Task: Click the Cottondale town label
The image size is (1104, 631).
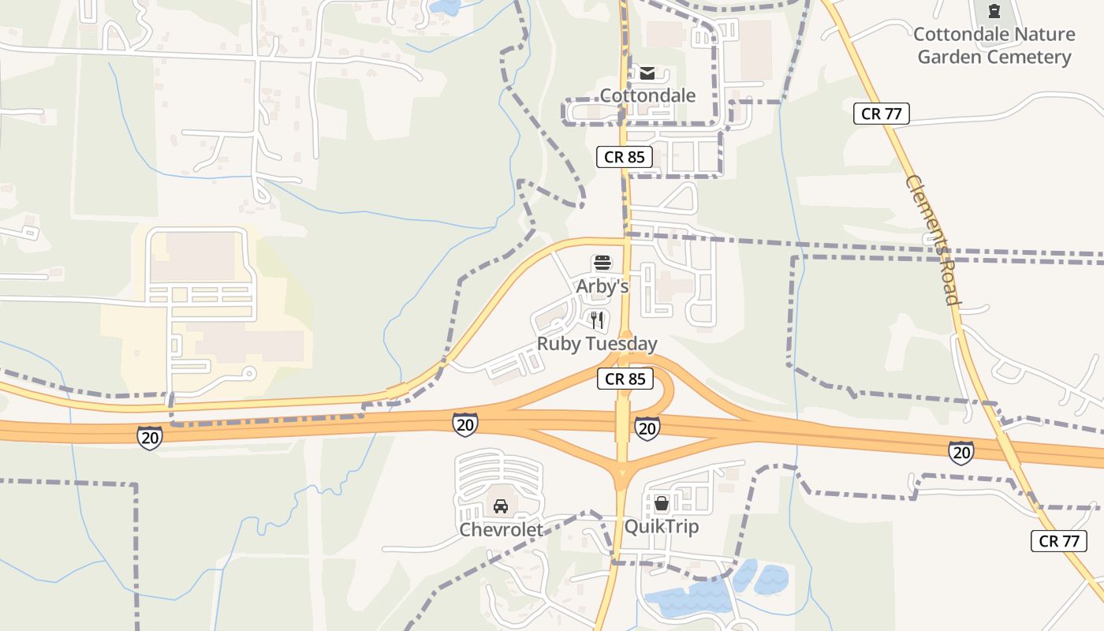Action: (647, 95)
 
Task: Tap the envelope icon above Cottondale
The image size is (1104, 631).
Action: (647, 73)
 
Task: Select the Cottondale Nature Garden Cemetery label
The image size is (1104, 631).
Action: (994, 46)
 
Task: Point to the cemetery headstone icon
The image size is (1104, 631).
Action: (994, 12)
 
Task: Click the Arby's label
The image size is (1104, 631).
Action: (602, 286)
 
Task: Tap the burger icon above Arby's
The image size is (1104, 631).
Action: (602, 263)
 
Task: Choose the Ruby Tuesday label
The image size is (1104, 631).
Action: (597, 344)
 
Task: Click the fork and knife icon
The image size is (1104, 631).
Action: (597, 319)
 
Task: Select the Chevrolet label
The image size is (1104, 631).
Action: (502, 529)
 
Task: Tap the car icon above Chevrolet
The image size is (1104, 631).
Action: (500, 506)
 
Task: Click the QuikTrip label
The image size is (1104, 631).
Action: (662, 526)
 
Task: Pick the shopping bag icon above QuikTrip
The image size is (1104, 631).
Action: (662, 502)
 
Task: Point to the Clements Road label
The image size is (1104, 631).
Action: (933, 240)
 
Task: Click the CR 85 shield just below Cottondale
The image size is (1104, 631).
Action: (625, 157)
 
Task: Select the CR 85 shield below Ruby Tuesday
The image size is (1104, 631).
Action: (625, 379)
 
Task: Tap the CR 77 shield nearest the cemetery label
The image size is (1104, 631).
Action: (882, 114)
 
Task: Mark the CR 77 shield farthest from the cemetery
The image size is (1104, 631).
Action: (1058, 541)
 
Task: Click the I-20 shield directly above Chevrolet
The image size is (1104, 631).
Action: (465, 424)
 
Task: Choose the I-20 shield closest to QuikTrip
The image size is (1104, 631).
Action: (647, 428)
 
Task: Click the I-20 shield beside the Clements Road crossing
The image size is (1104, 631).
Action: (960, 452)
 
